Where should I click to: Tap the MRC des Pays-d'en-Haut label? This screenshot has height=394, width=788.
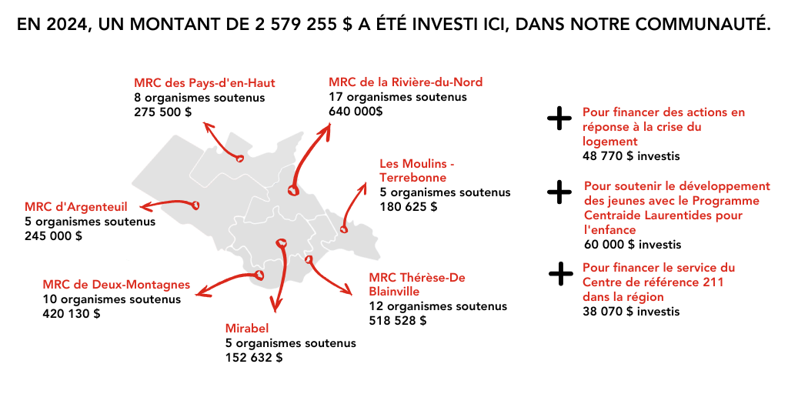(x=205, y=83)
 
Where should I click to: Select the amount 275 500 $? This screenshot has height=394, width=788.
(x=163, y=112)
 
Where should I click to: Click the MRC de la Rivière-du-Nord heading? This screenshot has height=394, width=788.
(x=406, y=82)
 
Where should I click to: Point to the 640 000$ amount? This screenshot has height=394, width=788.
(x=356, y=111)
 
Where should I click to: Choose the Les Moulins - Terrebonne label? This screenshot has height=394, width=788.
(x=418, y=171)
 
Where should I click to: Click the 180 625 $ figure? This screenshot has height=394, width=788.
(x=409, y=206)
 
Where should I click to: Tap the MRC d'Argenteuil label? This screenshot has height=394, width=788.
(x=76, y=206)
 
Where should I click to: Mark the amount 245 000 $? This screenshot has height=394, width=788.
(x=53, y=235)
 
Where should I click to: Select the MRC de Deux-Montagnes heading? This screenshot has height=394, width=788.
(x=117, y=285)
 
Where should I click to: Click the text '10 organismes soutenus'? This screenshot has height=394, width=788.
(x=112, y=299)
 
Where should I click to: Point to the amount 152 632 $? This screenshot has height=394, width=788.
(x=254, y=358)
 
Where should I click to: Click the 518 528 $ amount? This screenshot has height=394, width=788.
(x=398, y=321)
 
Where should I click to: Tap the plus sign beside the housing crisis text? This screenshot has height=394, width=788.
(x=559, y=119)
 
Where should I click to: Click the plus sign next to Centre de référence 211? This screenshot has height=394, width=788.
(x=561, y=274)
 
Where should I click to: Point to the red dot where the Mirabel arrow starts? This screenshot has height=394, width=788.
(x=282, y=244)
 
